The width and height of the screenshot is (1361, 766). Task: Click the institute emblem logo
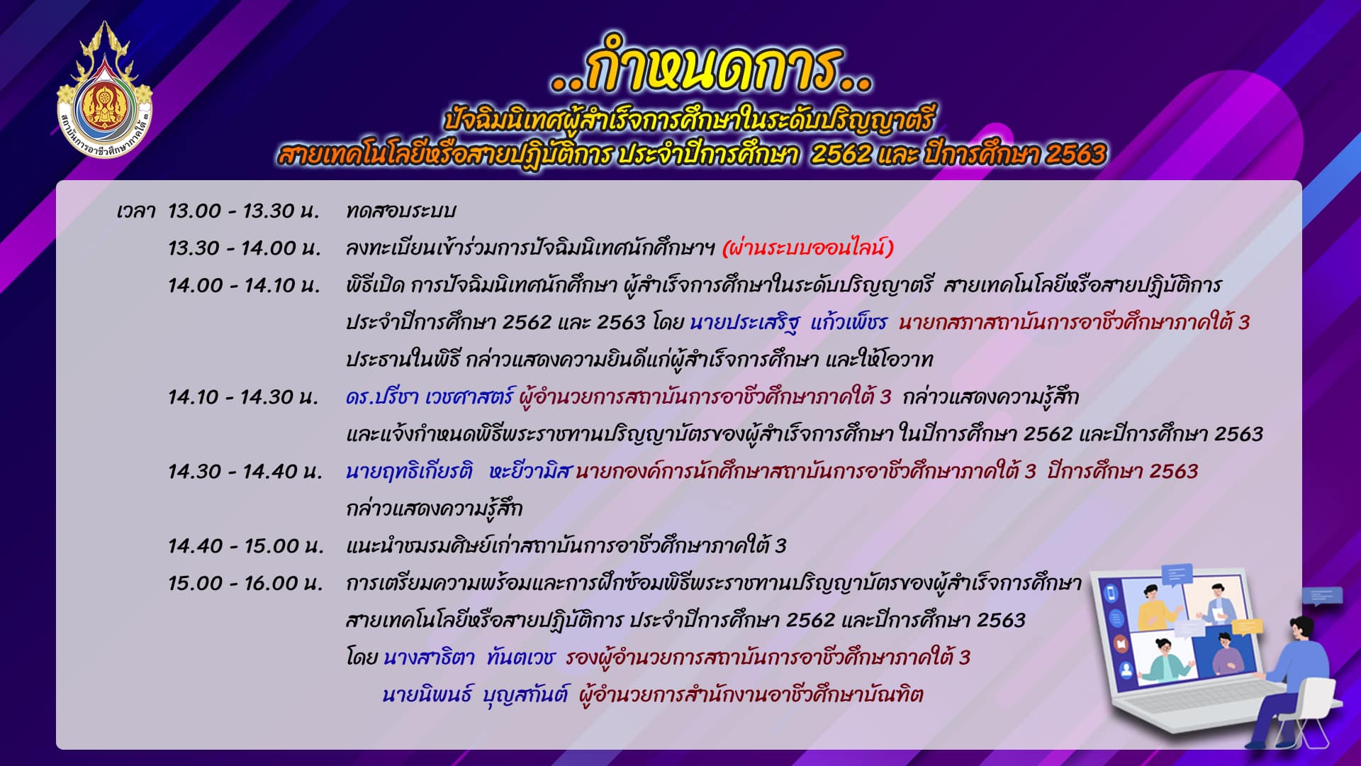(105, 91)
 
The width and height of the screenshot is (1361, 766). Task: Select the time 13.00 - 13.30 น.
(244, 211)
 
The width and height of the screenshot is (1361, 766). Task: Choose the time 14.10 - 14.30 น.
(244, 396)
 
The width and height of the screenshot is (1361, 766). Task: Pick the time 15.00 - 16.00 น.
(245, 583)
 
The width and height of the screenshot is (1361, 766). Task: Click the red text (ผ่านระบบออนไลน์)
(807, 248)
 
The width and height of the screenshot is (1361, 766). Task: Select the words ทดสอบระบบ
(401, 211)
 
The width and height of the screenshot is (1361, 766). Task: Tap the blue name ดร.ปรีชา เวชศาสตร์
(429, 396)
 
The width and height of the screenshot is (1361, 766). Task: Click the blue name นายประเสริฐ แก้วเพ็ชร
(788, 322)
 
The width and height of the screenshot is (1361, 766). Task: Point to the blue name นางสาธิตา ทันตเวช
(469, 657)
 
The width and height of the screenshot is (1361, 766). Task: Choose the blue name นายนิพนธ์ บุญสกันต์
(475, 694)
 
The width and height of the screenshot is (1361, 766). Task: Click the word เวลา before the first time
(136, 211)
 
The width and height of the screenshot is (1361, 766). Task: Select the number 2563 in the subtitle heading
(1075, 154)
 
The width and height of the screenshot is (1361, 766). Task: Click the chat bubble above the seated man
(1323, 596)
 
